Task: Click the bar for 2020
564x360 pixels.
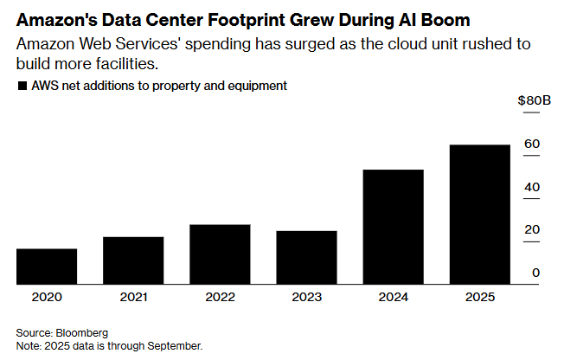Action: pos(47,267)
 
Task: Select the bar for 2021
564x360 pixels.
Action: pos(133,260)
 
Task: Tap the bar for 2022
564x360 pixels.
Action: pos(220,254)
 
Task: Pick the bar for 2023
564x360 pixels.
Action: pos(306,258)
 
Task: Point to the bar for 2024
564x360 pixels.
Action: pos(393,227)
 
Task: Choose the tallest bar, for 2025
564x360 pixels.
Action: pos(479,215)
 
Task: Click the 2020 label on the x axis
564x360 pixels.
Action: pos(47,297)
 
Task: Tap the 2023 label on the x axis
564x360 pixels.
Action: pos(306,297)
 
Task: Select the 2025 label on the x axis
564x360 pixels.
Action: pos(479,297)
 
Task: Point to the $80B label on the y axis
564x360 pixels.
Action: pos(534,100)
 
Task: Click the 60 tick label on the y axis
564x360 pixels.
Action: pos(533,144)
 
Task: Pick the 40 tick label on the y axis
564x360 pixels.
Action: pos(533,187)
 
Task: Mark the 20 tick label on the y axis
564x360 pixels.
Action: pos(533,229)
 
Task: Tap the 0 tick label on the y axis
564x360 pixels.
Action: pos(536,273)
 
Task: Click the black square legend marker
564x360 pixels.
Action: pos(21,86)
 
